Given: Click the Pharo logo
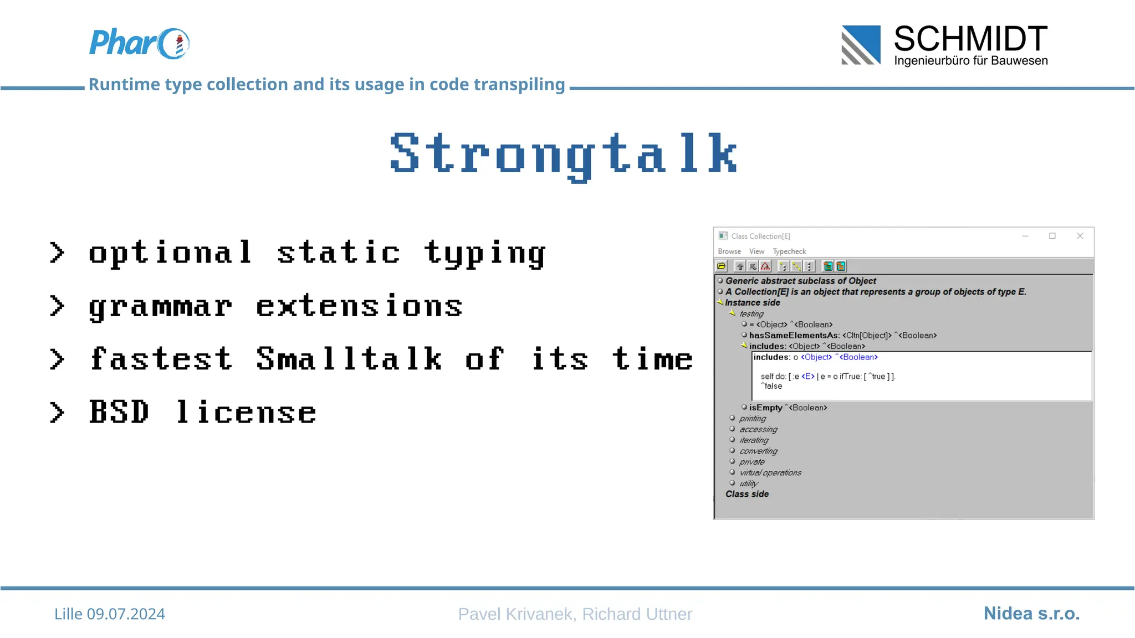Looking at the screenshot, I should [139, 43].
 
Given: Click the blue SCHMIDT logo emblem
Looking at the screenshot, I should [861, 45].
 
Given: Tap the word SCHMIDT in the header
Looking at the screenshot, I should [970, 39].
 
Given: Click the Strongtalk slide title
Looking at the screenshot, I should [564, 155].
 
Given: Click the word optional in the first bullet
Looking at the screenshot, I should [170, 253].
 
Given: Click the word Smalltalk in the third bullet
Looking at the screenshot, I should [349, 359].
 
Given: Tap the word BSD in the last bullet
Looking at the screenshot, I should [119, 412].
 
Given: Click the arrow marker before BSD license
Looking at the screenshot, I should [57, 413].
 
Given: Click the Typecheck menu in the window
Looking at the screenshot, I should [789, 251].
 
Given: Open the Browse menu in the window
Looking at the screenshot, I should [729, 251].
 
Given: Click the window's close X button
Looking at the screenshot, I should [1080, 236].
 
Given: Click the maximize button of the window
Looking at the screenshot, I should [1052, 236].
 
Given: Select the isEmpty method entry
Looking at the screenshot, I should [765, 408].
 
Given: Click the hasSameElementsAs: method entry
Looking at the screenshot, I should [794, 336].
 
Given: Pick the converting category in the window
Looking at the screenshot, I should [758, 451].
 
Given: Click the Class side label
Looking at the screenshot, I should [747, 494].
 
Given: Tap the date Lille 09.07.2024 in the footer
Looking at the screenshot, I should [110, 614].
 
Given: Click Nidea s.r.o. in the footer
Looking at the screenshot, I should [1031, 613].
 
